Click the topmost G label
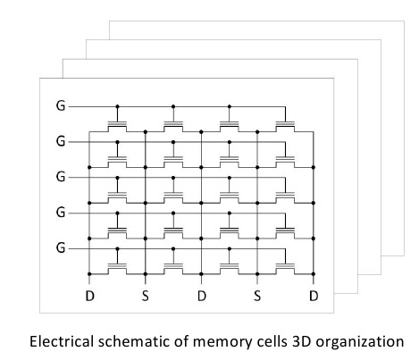click(x=61, y=106)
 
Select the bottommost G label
click(x=61, y=248)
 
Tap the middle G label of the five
click(x=61, y=177)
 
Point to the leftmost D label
click(x=89, y=296)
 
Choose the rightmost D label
click(x=314, y=296)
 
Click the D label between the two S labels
click(x=202, y=296)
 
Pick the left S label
click(x=146, y=296)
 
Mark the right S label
click(x=257, y=296)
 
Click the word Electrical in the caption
click(x=62, y=341)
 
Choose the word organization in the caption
click(x=360, y=342)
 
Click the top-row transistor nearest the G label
click(x=117, y=126)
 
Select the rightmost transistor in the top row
click(x=285, y=126)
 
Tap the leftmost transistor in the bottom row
click(x=117, y=268)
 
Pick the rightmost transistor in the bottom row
click(x=285, y=268)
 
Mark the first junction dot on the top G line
click(x=117, y=106)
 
